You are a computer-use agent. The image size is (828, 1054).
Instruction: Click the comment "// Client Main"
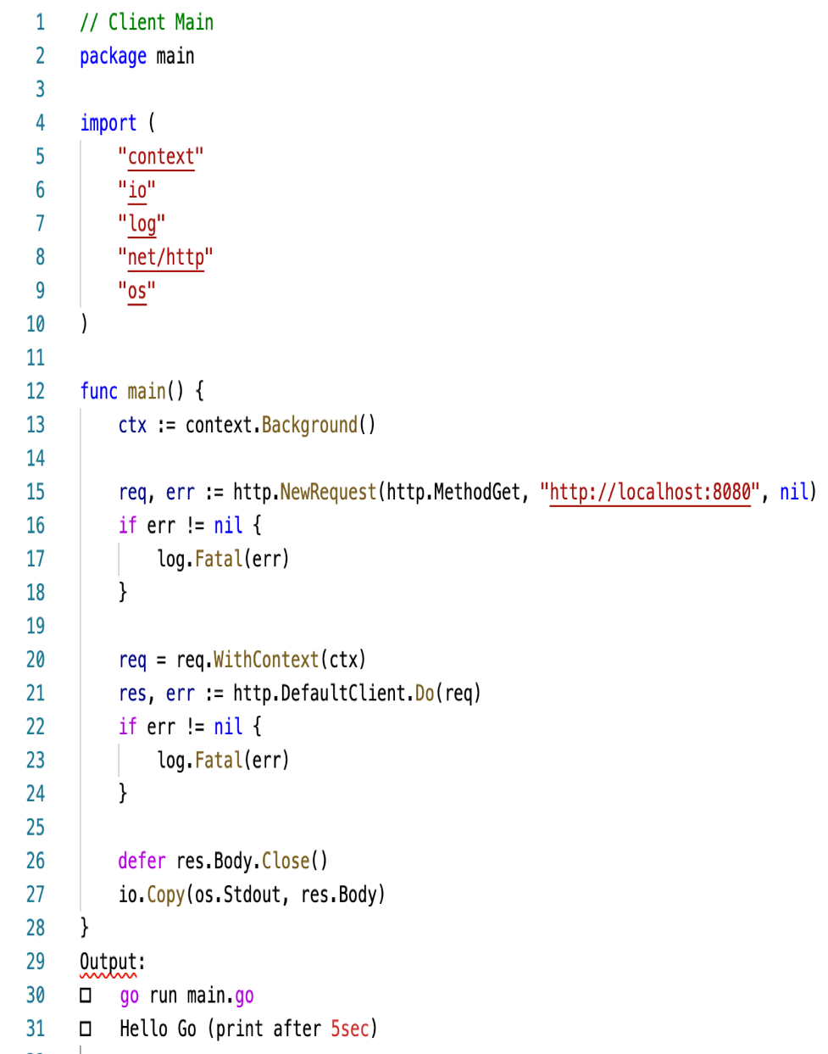click(x=147, y=22)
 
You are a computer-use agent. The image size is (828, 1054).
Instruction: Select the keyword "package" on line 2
click(x=113, y=56)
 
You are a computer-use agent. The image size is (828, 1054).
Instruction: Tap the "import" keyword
click(x=108, y=123)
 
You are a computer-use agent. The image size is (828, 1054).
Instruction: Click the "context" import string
click(x=161, y=157)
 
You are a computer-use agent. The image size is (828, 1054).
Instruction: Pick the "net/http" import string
click(x=165, y=257)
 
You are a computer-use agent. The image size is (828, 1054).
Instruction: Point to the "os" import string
click(x=136, y=291)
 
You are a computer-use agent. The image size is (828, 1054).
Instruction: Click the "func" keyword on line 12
click(x=98, y=391)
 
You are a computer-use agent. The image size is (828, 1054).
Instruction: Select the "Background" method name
click(x=309, y=425)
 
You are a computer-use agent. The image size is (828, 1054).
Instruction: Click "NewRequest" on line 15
click(x=328, y=492)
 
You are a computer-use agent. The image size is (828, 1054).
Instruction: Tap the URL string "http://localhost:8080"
click(x=650, y=492)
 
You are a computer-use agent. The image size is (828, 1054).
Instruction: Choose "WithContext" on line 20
click(x=266, y=660)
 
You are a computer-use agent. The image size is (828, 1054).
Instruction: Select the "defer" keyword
click(x=142, y=861)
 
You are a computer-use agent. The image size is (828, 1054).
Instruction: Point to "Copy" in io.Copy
click(x=165, y=895)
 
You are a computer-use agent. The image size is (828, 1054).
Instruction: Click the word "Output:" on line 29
click(x=112, y=962)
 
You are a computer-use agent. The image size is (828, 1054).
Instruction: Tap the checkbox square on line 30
click(x=86, y=995)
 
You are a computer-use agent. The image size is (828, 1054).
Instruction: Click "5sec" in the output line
click(x=350, y=1029)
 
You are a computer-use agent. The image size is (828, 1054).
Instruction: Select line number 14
click(x=36, y=459)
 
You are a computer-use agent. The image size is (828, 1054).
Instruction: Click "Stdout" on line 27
click(x=252, y=895)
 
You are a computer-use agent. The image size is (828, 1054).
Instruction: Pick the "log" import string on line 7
click(x=142, y=224)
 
